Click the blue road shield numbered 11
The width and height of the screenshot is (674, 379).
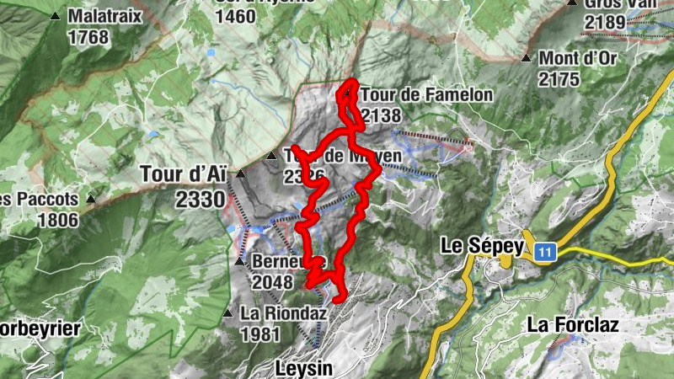point(545,251)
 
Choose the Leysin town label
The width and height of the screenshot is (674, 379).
point(304,368)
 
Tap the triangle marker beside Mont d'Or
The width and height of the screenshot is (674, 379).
point(527,59)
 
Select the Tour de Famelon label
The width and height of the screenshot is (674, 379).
point(426,95)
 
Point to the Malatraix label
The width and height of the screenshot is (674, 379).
point(104,15)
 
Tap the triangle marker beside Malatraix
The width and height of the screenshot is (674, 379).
point(56,16)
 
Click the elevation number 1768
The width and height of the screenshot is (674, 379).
point(88,37)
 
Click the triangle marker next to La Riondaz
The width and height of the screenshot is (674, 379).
point(227,313)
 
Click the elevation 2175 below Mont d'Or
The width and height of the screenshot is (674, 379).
point(559,80)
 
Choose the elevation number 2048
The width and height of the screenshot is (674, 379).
point(271,282)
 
